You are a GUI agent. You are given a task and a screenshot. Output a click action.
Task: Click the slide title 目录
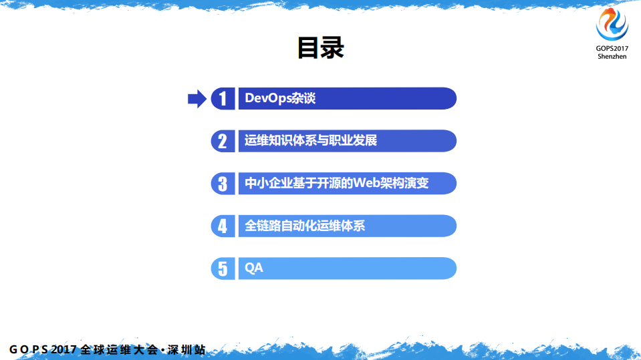click(320, 48)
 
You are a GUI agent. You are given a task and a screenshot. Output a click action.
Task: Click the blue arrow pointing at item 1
click(197, 99)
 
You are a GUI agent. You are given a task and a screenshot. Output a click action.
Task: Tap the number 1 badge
click(223, 99)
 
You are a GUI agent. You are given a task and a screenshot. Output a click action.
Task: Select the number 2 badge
click(223, 141)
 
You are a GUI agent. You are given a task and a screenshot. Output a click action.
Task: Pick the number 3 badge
click(223, 184)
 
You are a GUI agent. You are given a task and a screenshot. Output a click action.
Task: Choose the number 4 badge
click(223, 226)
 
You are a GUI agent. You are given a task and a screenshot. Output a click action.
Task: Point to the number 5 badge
click(223, 268)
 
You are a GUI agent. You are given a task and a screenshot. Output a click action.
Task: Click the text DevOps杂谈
click(280, 99)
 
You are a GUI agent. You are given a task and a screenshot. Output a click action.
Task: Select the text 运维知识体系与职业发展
click(311, 141)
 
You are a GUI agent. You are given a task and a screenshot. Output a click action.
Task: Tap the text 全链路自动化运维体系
click(305, 226)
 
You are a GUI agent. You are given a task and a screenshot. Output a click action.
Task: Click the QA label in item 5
click(254, 268)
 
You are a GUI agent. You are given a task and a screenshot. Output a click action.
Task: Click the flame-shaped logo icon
click(612, 25)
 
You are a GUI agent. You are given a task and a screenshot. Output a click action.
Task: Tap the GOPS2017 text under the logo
click(612, 49)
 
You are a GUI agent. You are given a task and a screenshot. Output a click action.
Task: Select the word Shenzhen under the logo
click(612, 57)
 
